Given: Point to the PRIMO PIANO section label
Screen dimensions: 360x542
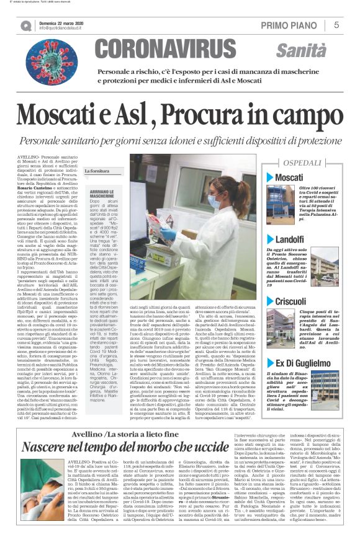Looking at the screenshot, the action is point(292,25).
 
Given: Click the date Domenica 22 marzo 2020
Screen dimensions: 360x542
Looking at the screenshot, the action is point(63,22).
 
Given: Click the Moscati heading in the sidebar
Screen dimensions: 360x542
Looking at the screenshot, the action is point(289,178).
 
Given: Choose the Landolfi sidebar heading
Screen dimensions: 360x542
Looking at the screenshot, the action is point(290,239).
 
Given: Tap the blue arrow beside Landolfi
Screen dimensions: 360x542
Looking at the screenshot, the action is point(271,239).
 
